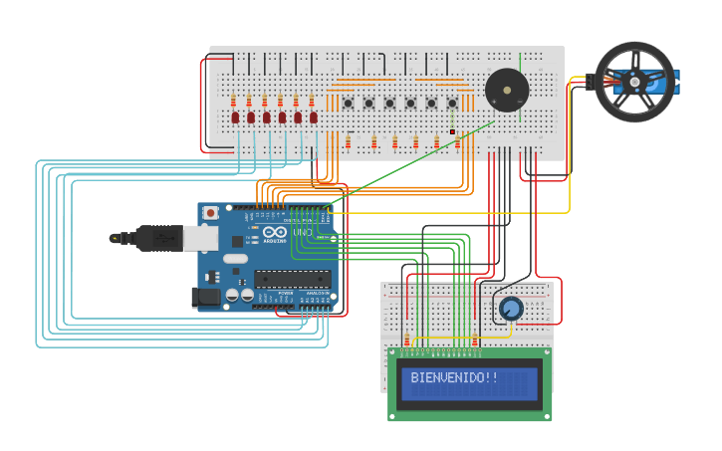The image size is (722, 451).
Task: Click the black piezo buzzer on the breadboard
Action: click(507, 91)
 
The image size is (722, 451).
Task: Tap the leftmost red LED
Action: click(235, 117)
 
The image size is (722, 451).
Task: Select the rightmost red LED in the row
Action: click(313, 117)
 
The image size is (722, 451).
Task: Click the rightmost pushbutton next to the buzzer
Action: click(452, 103)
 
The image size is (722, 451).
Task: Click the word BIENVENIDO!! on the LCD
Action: click(454, 378)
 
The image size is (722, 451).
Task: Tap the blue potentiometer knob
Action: click(511, 309)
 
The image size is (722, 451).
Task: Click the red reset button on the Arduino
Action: click(210, 213)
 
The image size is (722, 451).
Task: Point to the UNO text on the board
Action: click(302, 233)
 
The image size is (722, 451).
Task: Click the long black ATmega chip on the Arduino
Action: click(292, 278)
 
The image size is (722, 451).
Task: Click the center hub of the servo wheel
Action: click(633, 82)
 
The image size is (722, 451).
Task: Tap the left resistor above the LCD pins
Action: click(406, 337)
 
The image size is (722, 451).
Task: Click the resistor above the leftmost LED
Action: click(234, 101)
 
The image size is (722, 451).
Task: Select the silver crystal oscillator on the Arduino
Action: click(235, 258)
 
